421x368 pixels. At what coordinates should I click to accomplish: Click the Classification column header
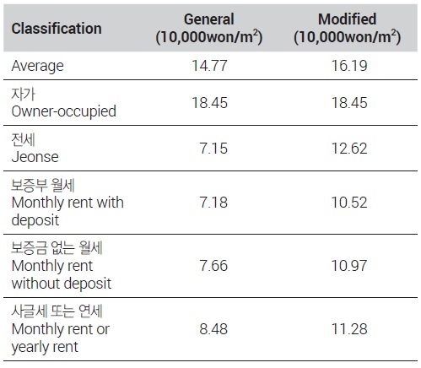tap(57, 29)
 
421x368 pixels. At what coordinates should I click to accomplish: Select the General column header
tap(209, 28)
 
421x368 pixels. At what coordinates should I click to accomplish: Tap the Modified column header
tap(347, 28)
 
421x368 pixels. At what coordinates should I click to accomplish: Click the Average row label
tap(37, 66)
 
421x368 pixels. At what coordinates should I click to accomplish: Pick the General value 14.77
tap(209, 66)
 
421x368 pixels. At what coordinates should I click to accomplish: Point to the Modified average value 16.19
tap(349, 66)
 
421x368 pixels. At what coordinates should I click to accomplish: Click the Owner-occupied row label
tap(64, 111)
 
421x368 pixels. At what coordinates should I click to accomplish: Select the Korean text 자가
tap(24, 94)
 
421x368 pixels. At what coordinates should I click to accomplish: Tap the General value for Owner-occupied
tap(209, 103)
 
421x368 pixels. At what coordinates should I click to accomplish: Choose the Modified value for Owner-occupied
tap(349, 103)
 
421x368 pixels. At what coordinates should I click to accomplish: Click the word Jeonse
tap(35, 157)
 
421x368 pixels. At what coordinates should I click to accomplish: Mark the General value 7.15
tap(213, 149)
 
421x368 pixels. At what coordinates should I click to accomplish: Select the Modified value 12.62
tap(349, 149)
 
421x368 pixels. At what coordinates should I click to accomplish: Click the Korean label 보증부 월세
tap(43, 185)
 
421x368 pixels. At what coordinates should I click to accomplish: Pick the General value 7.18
tap(213, 203)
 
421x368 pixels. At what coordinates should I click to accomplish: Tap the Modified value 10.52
tap(349, 203)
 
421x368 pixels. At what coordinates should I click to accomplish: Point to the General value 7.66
tap(213, 266)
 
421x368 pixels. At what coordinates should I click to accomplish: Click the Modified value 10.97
tap(349, 266)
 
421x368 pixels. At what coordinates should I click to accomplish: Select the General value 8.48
tap(213, 329)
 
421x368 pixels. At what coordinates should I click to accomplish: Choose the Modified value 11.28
tap(349, 329)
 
